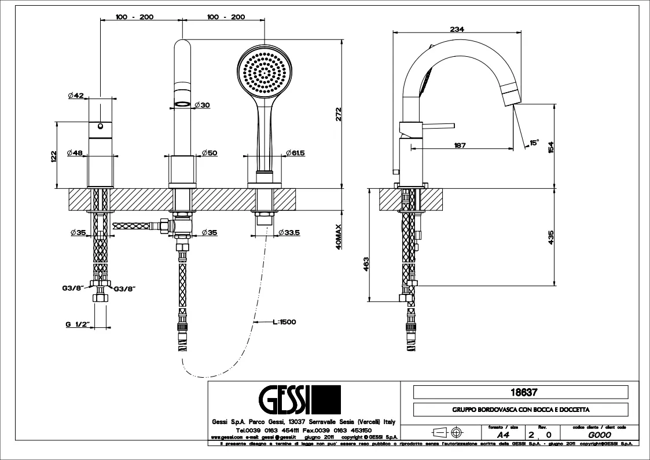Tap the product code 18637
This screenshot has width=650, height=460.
click(520, 392)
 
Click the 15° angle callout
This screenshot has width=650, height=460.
click(533, 142)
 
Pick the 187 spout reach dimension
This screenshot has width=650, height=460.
click(460, 145)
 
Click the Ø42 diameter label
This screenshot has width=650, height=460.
click(76, 96)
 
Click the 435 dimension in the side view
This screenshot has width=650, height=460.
click(551, 238)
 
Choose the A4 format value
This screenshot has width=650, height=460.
click(496, 434)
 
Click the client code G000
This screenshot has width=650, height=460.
click(597, 434)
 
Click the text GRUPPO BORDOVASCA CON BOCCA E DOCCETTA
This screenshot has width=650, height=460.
click(520, 410)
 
